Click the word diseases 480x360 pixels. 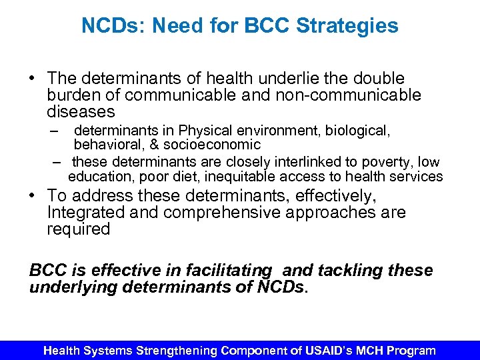click(81, 112)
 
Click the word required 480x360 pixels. click(78, 229)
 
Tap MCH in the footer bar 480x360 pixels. click(379, 351)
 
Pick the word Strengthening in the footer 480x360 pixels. click(177, 351)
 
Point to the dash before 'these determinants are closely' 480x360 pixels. click(58, 162)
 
